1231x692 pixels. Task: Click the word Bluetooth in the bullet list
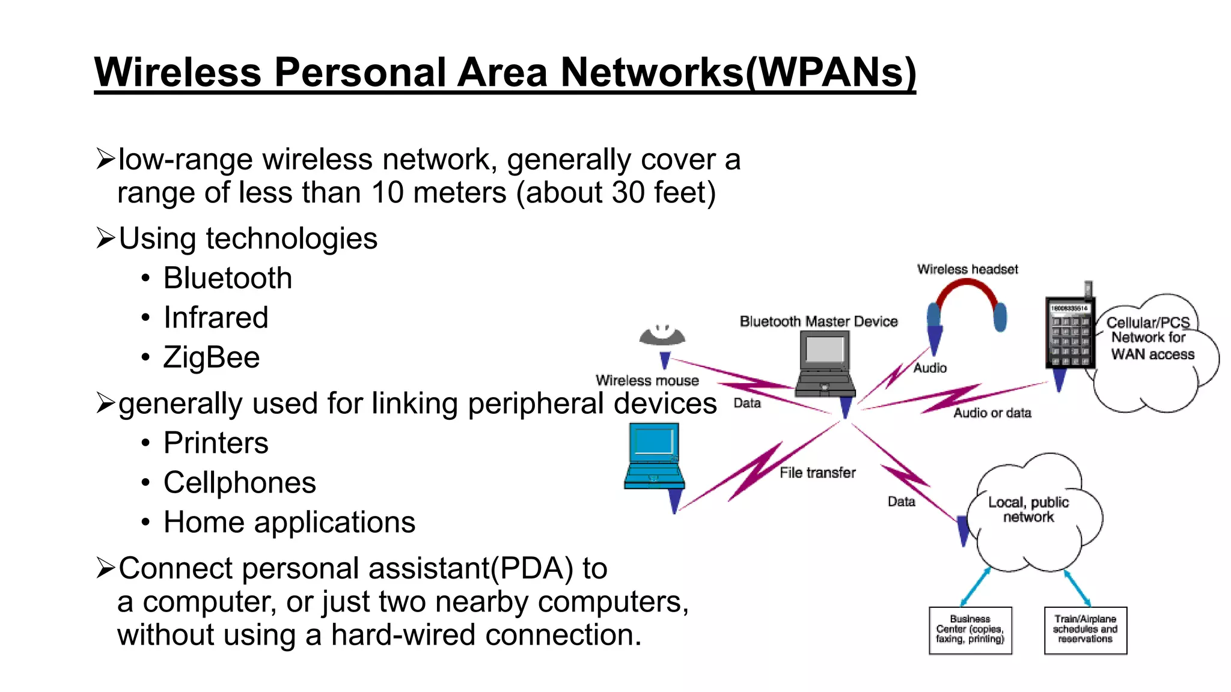click(227, 278)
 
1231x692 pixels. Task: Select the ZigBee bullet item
click(212, 357)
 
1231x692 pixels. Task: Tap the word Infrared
click(216, 318)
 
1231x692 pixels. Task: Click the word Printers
click(216, 443)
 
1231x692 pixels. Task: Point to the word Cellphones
click(239, 483)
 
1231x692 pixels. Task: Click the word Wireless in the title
click(177, 73)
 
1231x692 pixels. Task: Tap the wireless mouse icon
click(662, 335)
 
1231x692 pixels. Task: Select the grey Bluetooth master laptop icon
click(825, 363)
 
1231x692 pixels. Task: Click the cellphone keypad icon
click(1070, 333)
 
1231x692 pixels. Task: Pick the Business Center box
click(970, 630)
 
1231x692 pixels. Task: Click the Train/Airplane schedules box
click(1085, 630)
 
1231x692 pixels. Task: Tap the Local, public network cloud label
click(1028, 509)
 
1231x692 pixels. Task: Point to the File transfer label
click(817, 473)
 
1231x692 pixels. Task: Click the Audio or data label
click(992, 413)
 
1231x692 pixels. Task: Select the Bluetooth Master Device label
click(819, 322)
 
